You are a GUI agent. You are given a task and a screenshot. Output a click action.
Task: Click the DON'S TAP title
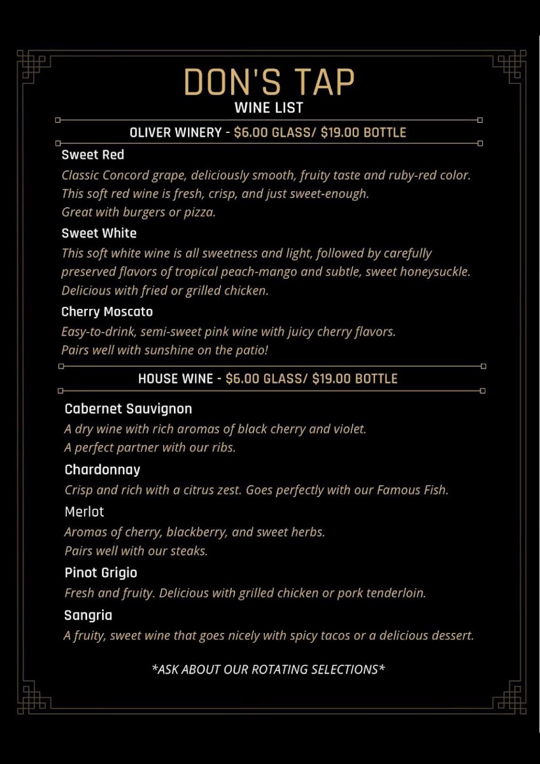269,81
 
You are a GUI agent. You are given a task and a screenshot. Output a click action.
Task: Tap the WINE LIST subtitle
269,108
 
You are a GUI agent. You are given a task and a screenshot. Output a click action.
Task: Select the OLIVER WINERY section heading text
175,132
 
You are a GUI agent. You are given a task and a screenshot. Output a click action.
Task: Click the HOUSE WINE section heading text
176,379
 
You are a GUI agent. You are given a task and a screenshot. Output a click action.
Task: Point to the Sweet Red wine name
93,155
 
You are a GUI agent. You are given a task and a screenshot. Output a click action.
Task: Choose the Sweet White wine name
99,233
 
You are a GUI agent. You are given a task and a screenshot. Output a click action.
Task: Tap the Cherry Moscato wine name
107,311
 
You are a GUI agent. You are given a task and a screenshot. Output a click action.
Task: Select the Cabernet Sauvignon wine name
128,409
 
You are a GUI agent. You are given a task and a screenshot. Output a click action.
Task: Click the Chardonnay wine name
103,470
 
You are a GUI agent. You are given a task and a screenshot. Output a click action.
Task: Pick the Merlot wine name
84,512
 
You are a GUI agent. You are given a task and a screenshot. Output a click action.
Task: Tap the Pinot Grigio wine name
101,573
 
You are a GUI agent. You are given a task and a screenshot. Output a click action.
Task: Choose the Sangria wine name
88,615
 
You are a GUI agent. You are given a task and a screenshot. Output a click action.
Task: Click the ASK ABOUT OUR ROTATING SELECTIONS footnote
269,669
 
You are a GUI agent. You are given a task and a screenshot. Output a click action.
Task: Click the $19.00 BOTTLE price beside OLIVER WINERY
363,132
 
